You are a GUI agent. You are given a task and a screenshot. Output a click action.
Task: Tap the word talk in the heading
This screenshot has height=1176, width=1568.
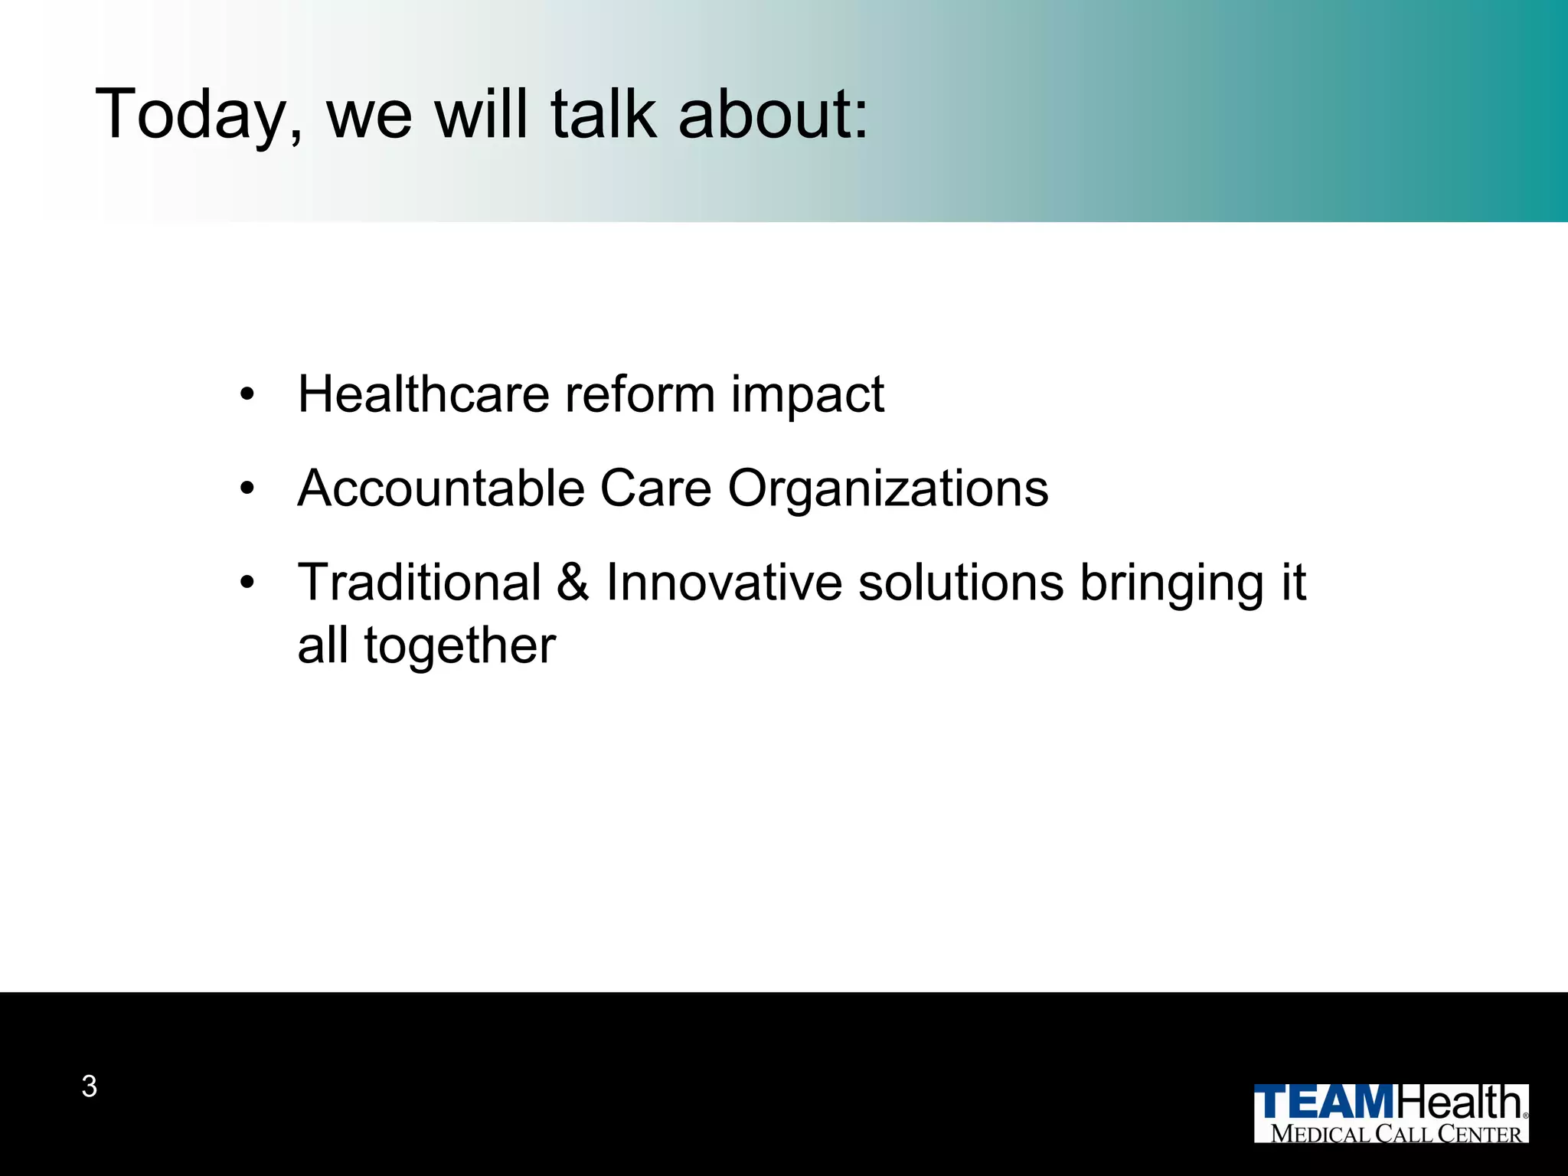click(603, 115)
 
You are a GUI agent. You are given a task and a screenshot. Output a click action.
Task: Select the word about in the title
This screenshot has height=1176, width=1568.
click(773, 115)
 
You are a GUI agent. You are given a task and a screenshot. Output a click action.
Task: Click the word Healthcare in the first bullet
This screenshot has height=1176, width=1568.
click(423, 395)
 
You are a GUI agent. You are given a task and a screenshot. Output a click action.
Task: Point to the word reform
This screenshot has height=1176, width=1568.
click(639, 395)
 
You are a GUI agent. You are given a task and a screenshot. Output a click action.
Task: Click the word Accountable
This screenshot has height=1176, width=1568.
click(441, 488)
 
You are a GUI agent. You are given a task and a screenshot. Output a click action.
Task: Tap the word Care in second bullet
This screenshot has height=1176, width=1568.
click(655, 488)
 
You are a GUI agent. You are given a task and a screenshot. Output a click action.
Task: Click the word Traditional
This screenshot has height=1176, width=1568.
click(420, 583)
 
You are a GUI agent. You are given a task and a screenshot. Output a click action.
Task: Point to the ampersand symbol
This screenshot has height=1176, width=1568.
click(573, 583)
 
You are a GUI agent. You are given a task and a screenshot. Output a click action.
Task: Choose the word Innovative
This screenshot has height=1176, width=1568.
click(724, 583)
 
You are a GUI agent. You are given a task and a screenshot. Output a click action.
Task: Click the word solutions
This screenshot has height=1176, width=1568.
click(960, 583)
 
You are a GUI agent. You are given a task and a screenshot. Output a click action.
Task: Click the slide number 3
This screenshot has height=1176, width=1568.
click(90, 1086)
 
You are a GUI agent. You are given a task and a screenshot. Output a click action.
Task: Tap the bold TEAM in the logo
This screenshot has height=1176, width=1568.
click(1325, 1103)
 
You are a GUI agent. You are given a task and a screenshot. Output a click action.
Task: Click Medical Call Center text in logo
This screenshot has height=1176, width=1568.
click(1396, 1133)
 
